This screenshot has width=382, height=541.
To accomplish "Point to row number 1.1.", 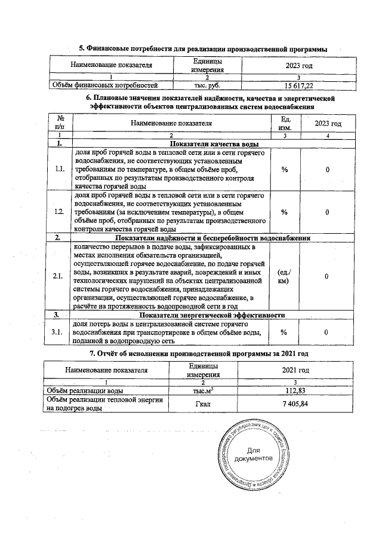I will click(59, 170).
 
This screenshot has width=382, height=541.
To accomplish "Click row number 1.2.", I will click(59, 212).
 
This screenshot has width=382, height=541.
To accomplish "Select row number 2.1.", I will click(59, 276).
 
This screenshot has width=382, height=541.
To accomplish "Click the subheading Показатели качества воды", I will click(214, 144).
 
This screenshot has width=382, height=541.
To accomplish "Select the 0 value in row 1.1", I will click(328, 170).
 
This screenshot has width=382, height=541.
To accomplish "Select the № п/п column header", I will click(59, 123).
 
